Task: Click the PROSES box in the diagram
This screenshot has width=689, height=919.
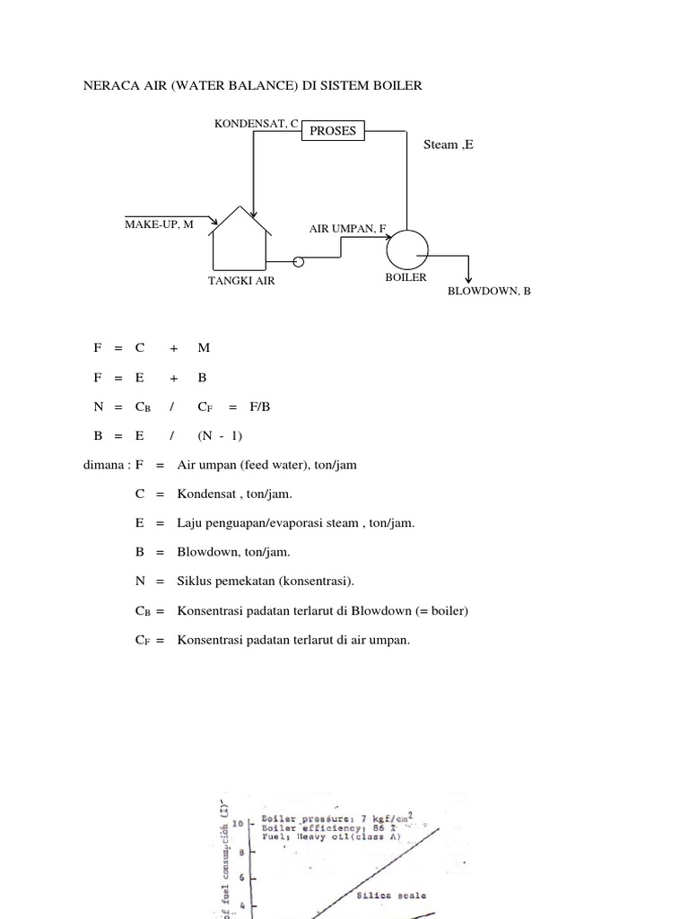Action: [332, 131]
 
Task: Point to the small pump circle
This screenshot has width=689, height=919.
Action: [299, 262]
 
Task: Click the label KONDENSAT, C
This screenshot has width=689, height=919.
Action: [256, 123]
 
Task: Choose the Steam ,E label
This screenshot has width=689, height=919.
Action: [448, 144]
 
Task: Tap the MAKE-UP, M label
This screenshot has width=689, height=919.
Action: [159, 224]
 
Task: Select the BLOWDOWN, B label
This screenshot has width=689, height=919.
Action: [489, 292]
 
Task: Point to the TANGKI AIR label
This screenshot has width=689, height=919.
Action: [241, 281]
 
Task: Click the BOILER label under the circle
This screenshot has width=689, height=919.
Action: [406, 278]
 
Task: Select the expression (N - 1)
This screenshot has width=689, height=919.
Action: [220, 436]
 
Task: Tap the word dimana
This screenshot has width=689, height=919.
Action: [101, 465]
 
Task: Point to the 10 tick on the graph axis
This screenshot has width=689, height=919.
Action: [237, 822]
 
